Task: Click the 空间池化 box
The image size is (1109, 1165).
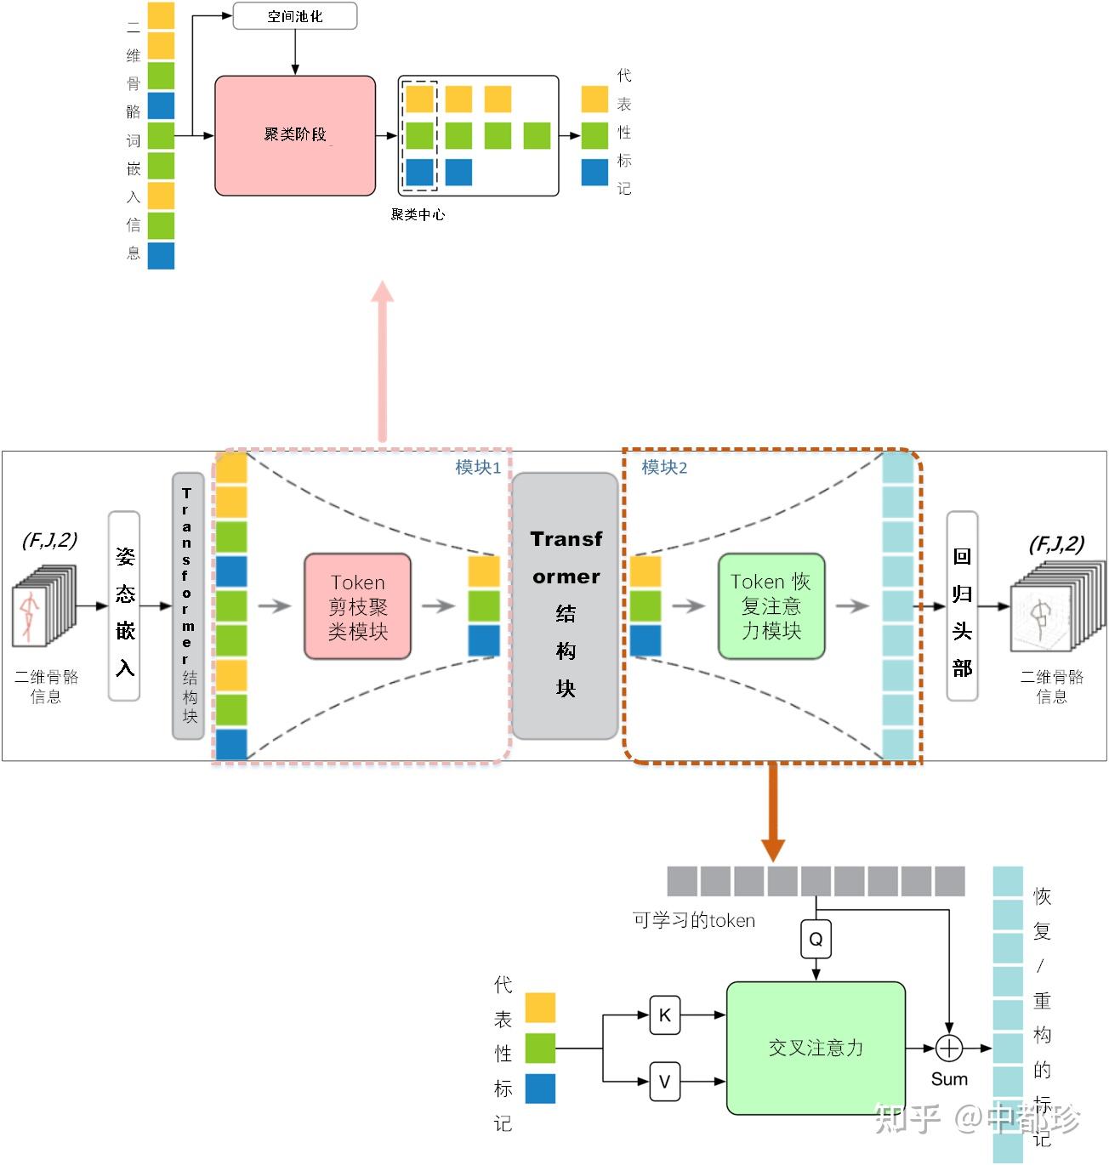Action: pos(294,16)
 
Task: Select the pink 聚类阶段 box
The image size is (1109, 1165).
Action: pos(295,135)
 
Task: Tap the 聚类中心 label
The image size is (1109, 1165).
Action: pos(417,214)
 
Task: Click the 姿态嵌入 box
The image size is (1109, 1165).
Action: pos(124,605)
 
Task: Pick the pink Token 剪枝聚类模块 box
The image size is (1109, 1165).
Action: pos(357,606)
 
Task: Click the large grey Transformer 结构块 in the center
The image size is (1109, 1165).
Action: pos(565,606)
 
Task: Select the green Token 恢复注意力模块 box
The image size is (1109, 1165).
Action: pos(771,606)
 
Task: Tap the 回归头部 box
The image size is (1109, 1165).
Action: pos(962,605)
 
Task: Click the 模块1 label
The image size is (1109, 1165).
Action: pos(477,467)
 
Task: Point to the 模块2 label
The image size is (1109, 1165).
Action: pos(664,467)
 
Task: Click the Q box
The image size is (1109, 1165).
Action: pos(816,939)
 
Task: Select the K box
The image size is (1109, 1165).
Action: pos(664,1014)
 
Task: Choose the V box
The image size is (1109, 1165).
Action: pos(664,1082)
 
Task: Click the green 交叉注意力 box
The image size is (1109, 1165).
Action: pos(816,1048)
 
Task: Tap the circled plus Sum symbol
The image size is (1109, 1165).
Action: pos(948,1048)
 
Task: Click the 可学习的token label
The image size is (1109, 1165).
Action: pos(693,920)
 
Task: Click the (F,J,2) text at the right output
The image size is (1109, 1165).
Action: pos(1055,543)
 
